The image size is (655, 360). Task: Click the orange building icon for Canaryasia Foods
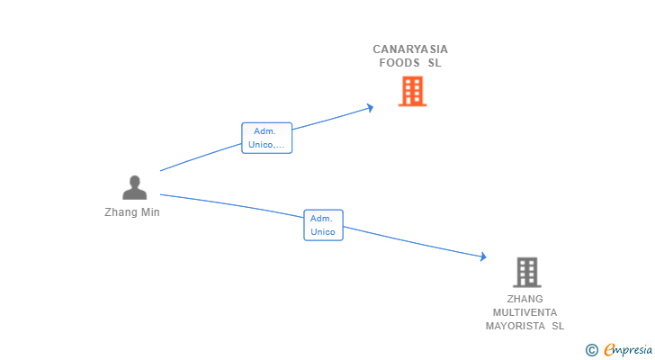point(412,91)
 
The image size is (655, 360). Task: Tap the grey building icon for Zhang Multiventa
point(526,272)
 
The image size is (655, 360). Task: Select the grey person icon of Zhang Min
point(134,188)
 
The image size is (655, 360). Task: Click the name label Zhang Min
point(131,212)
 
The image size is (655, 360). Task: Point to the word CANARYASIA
point(410,49)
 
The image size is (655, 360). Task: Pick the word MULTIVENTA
point(525,312)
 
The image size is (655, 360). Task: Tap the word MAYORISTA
point(516,326)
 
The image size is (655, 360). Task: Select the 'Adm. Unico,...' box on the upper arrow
point(266,138)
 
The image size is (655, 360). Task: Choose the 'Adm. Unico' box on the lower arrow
point(323,225)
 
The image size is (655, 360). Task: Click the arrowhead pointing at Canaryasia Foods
point(370,108)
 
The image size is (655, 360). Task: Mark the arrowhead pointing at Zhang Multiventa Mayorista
point(483,257)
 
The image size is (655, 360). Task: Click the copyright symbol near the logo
point(591,350)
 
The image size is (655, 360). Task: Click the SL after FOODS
point(435,63)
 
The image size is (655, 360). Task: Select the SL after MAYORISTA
point(558,326)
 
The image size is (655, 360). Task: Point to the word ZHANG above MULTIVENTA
point(525,299)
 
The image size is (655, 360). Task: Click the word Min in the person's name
point(149,212)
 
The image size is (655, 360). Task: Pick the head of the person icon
point(134,182)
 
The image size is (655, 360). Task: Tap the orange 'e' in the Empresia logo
point(609,350)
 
